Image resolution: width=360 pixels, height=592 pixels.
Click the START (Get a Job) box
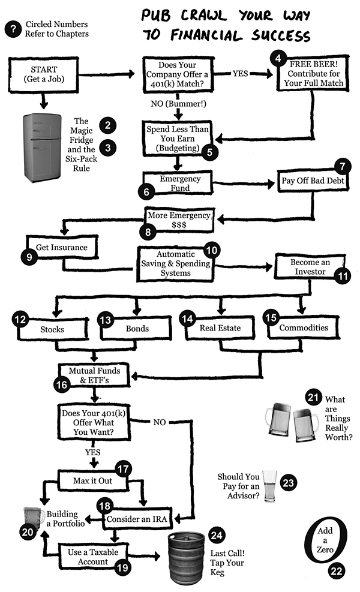(43, 74)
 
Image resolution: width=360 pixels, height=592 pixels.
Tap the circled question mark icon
(12, 29)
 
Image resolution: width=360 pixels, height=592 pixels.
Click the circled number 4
(278, 58)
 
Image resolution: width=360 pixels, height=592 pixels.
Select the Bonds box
(137, 329)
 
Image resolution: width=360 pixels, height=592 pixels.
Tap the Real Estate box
(220, 328)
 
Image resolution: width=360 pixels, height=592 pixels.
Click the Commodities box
(304, 327)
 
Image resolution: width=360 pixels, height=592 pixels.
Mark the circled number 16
(62, 385)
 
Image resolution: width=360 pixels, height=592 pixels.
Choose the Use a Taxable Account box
(86, 556)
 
